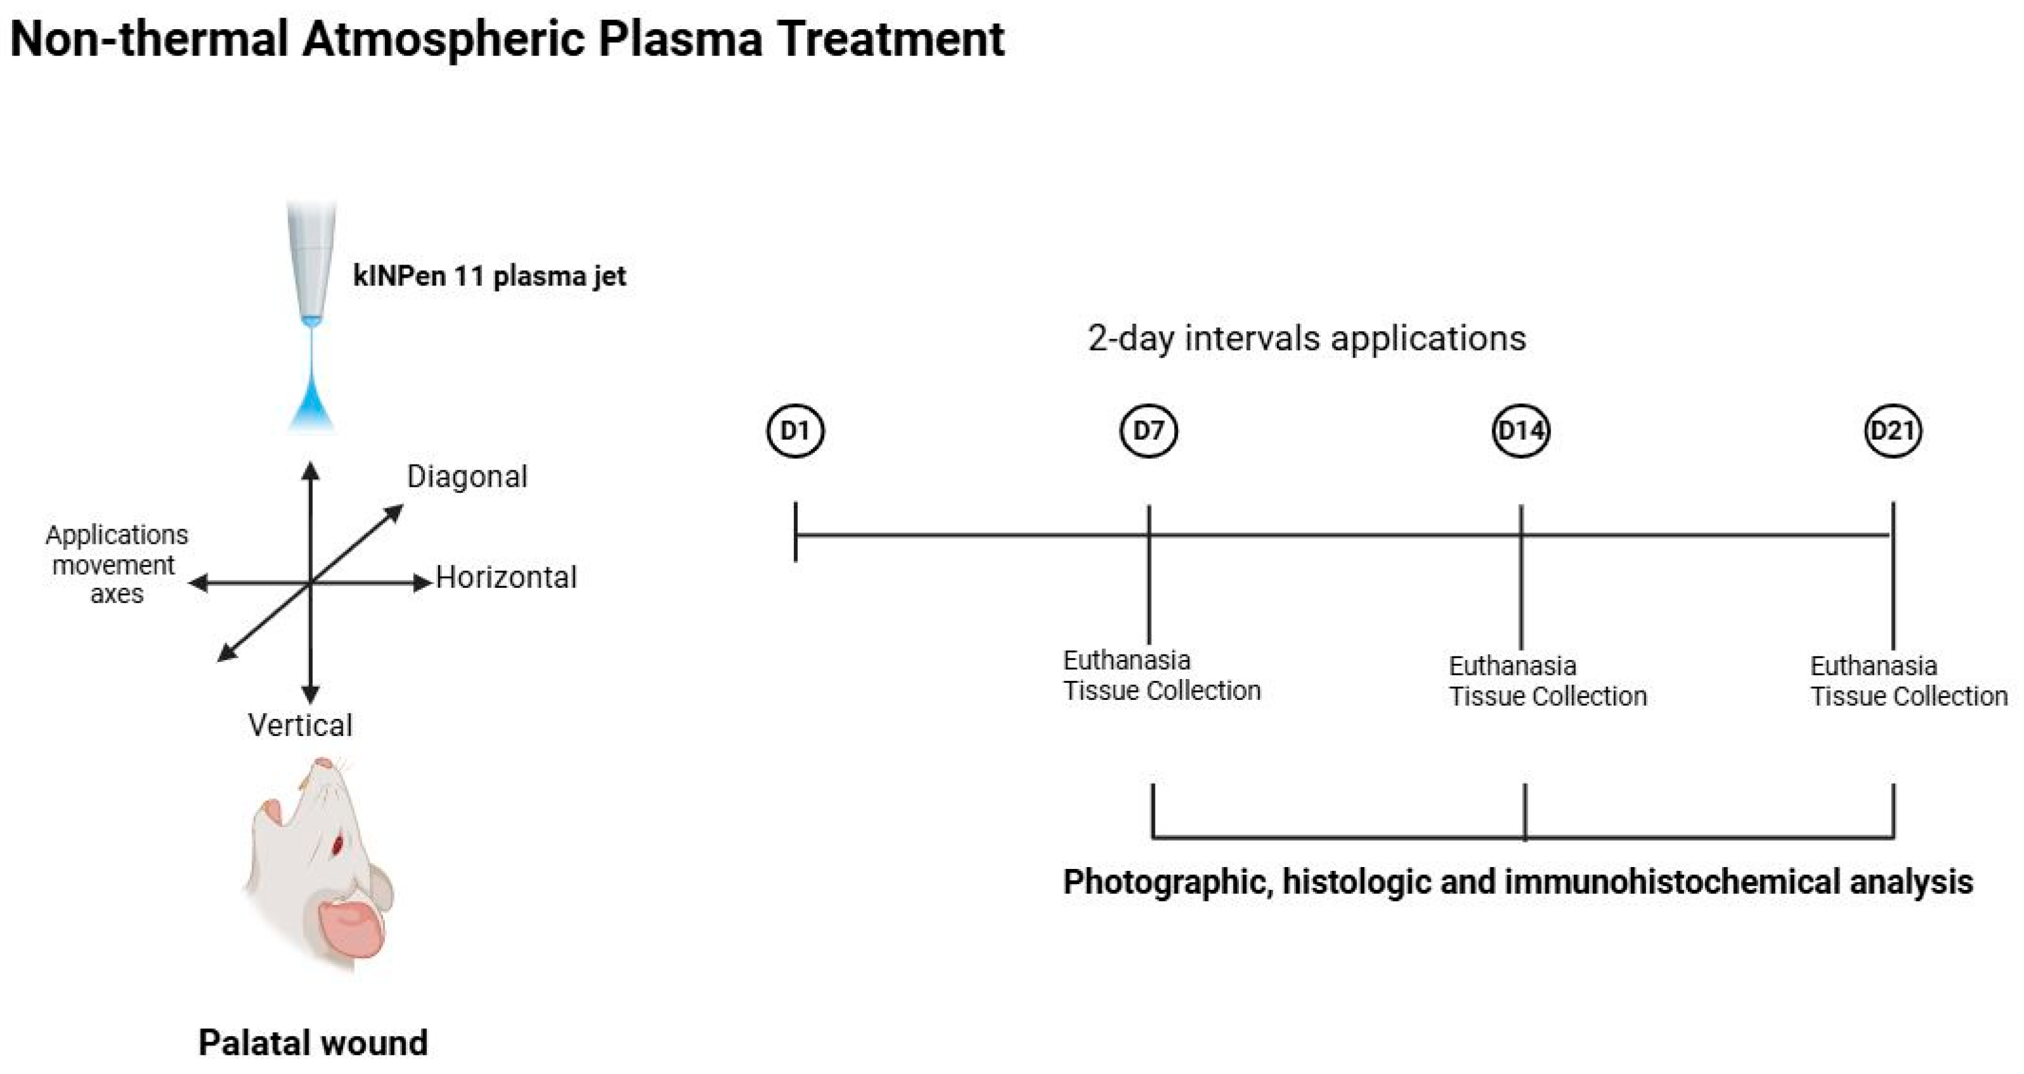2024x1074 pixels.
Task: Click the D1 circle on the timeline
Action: pyautogui.click(x=795, y=430)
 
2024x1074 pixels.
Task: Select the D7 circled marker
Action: pyautogui.click(x=1148, y=430)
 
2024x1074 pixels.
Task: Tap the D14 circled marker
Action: pyautogui.click(x=1520, y=430)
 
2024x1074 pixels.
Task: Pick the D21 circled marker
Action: pyautogui.click(x=1893, y=430)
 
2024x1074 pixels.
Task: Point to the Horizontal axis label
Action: pyautogui.click(x=506, y=577)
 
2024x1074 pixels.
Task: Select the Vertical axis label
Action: pyautogui.click(x=300, y=725)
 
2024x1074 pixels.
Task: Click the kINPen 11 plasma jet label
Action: pyautogui.click(x=489, y=277)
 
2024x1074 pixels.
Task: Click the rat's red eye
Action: pyautogui.click(x=338, y=846)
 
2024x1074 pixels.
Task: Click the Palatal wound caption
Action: pyautogui.click(x=313, y=1042)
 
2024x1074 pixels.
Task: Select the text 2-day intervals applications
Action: pyautogui.click(x=1307, y=339)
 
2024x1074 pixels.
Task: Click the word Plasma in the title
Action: pyautogui.click(x=680, y=39)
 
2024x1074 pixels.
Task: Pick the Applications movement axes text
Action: pyautogui.click(x=116, y=564)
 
